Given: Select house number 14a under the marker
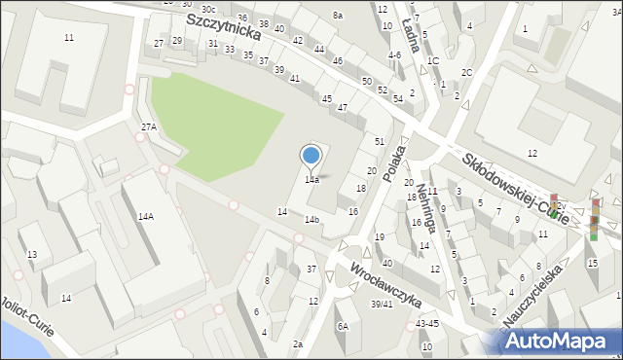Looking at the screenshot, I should tap(311, 180).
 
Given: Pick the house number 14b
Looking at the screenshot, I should tap(311, 220).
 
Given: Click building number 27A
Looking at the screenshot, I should tap(148, 127).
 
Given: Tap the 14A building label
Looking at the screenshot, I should tap(145, 217).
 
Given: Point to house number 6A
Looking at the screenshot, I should tap(343, 327).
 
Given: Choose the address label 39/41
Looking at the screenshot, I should tap(383, 304).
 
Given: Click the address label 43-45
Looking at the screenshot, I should tap(425, 323).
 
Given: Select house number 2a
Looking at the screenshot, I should tap(297, 344).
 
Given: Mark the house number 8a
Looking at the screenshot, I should tap(338, 16).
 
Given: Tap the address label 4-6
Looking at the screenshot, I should tap(394, 55).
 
